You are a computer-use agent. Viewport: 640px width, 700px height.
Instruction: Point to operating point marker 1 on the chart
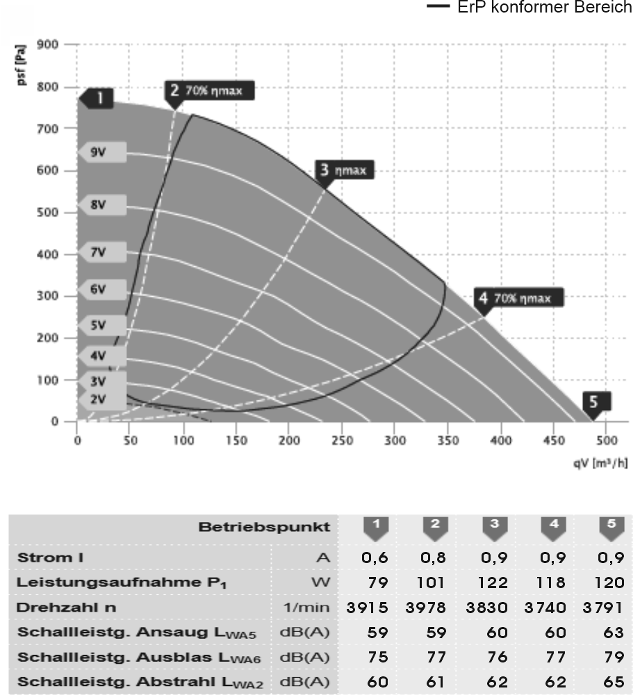tap(99, 99)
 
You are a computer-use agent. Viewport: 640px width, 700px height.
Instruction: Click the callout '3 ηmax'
tap(344, 170)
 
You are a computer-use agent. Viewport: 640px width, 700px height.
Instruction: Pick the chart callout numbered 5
tap(596, 402)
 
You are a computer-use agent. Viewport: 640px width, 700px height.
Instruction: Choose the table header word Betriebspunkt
tap(264, 527)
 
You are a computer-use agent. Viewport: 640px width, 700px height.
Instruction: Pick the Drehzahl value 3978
tap(434, 607)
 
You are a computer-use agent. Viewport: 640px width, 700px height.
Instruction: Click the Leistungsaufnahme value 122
tap(494, 583)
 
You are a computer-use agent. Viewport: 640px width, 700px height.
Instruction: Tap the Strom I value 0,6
tap(375, 557)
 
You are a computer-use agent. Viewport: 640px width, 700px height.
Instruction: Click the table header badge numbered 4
tap(553, 527)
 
